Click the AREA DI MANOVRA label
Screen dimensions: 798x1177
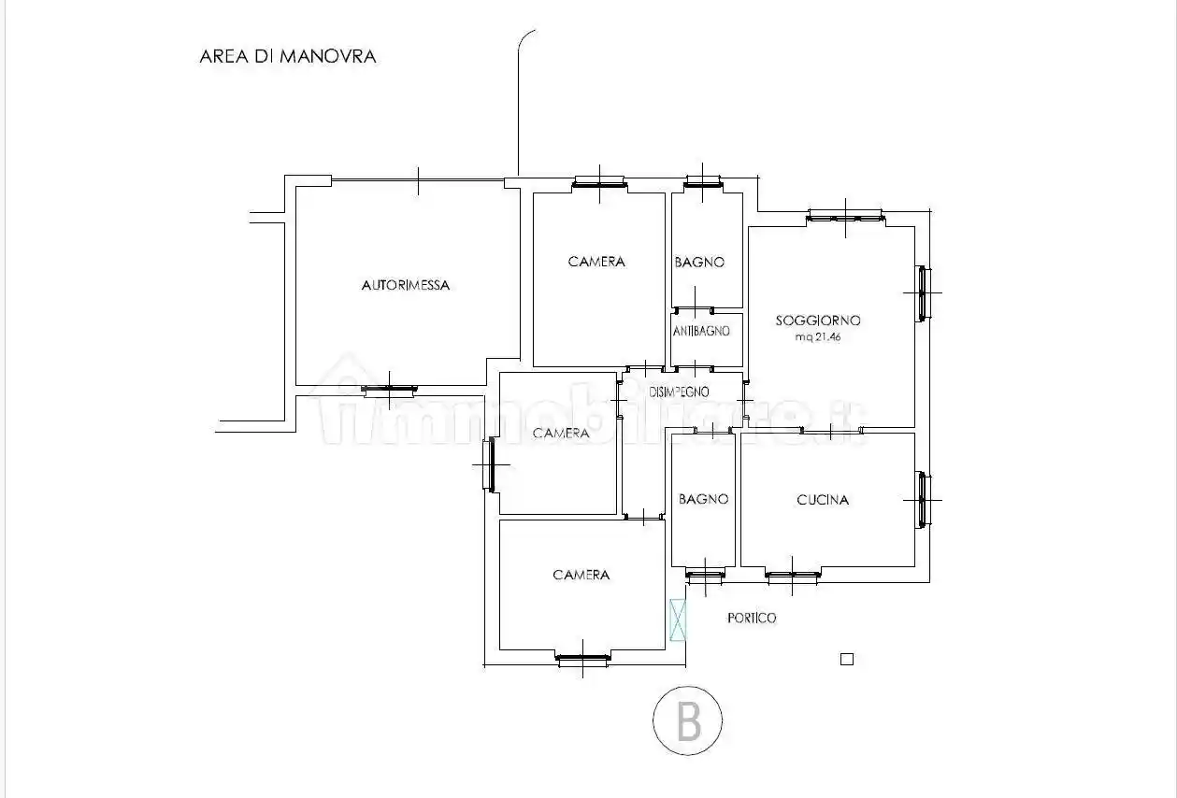click(287, 56)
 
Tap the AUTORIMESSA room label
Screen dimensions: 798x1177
click(405, 285)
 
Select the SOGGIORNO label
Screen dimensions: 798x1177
click(818, 321)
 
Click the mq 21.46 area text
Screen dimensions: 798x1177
click(818, 337)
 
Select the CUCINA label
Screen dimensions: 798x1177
click(823, 500)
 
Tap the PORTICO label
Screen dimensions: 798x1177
click(752, 619)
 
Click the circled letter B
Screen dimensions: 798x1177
click(687, 720)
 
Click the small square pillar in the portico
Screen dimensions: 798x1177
click(847, 659)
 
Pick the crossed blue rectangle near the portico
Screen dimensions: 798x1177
click(679, 620)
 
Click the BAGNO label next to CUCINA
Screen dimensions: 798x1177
click(703, 499)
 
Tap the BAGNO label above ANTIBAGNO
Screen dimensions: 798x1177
click(699, 263)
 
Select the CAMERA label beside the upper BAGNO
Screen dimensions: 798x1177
click(596, 262)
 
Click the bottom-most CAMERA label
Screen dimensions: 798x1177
click(581, 575)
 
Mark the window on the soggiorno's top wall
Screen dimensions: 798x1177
click(845, 219)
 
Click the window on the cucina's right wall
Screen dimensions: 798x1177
click(923, 500)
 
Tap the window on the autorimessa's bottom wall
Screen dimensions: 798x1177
click(390, 390)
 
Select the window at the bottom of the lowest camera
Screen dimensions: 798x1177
click(582, 659)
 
